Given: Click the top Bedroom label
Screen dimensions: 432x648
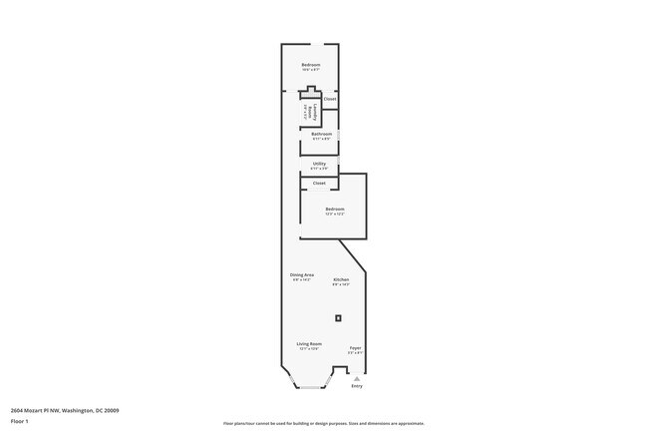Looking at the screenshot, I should coord(311,65).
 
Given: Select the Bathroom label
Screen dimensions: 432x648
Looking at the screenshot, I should coord(321,134).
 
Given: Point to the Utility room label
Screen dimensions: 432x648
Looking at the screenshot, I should coord(319,164).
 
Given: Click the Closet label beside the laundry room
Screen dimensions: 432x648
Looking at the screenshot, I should coord(330,99).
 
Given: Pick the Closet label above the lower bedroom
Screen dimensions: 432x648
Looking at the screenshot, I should coord(319,183).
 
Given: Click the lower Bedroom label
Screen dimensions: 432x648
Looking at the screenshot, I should coord(334,209).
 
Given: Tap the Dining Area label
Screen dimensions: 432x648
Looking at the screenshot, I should coord(302,274).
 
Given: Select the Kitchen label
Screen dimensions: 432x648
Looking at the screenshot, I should coord(341,279).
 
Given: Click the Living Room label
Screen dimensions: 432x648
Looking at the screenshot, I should coord(309,343).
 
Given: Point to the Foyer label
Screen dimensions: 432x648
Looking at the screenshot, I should coord(355,347).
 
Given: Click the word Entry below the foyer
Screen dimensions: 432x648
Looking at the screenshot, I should coord(357,385).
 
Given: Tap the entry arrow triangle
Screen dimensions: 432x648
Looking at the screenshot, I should coord(357,378).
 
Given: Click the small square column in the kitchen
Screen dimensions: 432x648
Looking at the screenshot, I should coord(339,318).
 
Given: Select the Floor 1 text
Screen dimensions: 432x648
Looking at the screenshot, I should coord(20,421).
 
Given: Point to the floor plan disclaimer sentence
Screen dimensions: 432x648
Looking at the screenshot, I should coord(323,423).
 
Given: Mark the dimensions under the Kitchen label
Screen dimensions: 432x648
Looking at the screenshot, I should coord(341,284).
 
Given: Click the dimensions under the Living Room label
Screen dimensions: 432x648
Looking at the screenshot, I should coord(309,349).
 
